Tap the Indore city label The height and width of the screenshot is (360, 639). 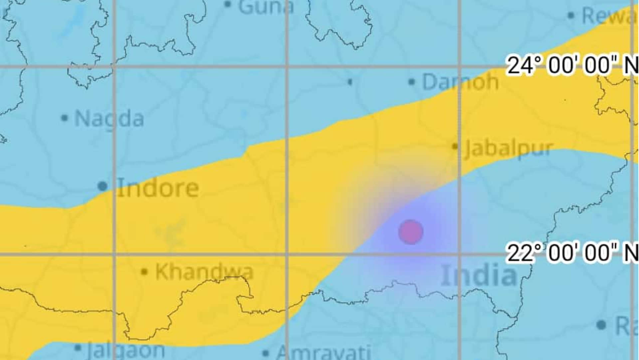click(158, 188)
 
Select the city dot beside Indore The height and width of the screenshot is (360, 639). click(103, 186)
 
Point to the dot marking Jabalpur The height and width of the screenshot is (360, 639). click(455, 146)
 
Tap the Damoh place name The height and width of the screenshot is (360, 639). click(460, 82)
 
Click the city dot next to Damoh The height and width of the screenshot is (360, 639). click(412, 82)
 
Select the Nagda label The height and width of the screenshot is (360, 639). click(109, 118)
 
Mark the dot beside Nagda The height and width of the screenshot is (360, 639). click(65, 118)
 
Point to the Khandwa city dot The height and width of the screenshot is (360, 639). click(144, 272)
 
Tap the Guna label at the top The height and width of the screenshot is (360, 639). click(266, 7)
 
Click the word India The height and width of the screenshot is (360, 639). click(479, 275)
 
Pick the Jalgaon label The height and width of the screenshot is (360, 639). click(126, 350)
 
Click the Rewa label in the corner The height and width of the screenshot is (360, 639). click(609, 16)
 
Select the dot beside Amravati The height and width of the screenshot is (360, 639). click(266, 353)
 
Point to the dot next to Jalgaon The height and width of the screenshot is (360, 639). click(78, 348)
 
